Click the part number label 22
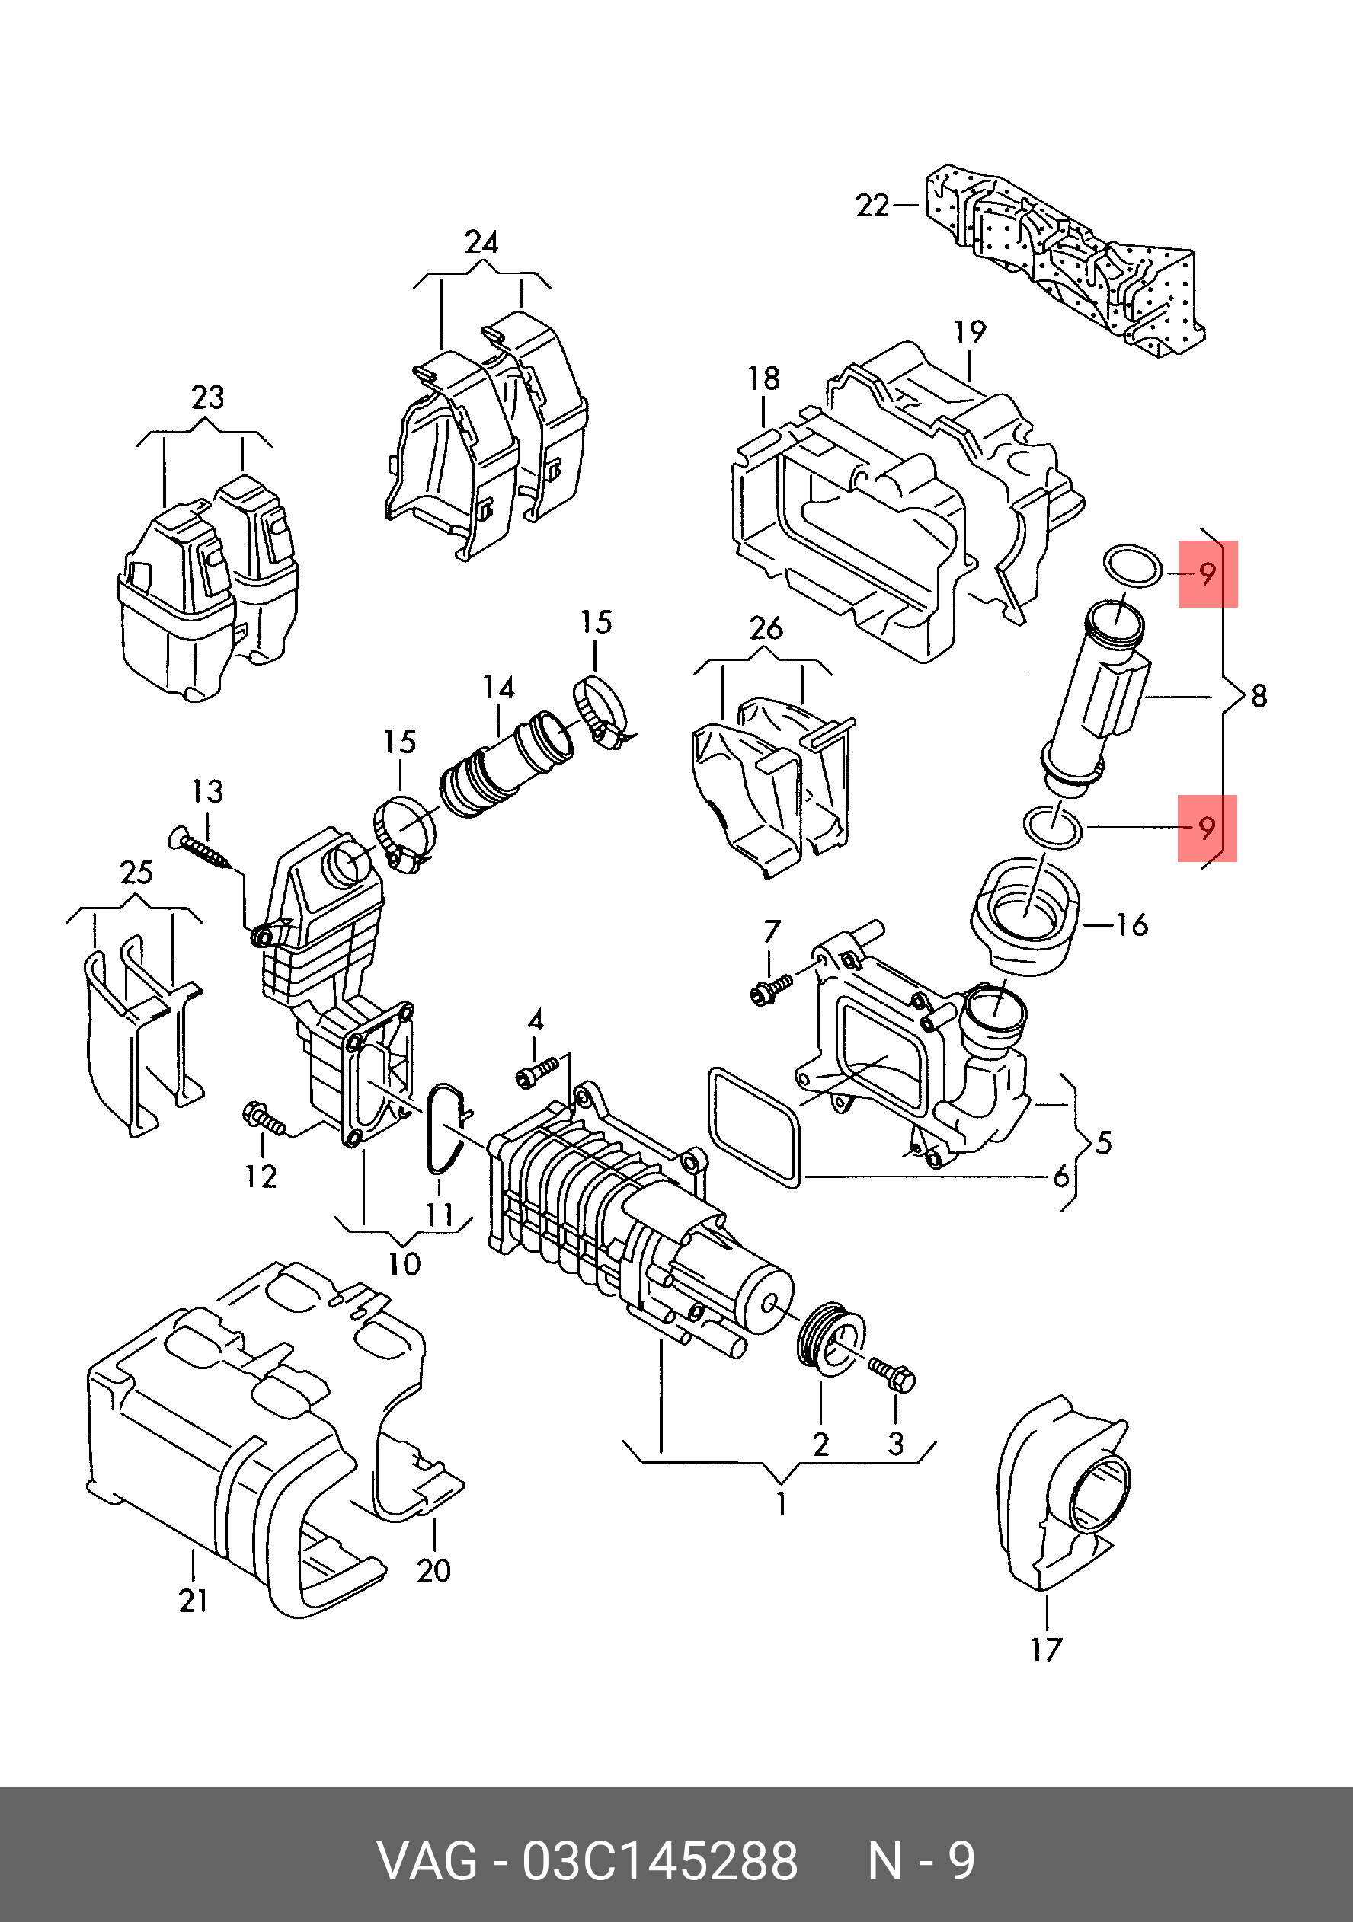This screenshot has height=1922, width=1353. pos(872,205)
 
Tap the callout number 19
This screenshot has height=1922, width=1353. pos(970,332)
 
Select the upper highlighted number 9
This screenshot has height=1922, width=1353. pos(1207,573)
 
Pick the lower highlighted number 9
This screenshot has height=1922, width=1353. pos(1207,828)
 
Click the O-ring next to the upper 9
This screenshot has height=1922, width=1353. pos(1133,567)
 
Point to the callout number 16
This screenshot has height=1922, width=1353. pos(1131,925)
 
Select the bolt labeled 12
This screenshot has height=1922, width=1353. pos(262,1118)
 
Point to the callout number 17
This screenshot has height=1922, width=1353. pos(1047,1649)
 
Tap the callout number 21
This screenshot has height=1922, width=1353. pos(194,1601)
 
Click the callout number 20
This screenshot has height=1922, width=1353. pos(433,1570)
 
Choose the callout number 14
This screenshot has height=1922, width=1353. pos(498,688)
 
